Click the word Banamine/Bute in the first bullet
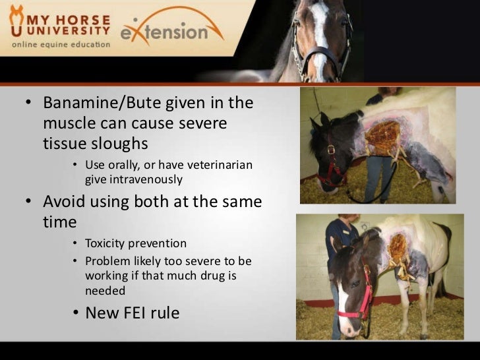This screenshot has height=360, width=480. pyautogui.click(x=98, y=104)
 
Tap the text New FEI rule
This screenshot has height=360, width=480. pyautogui.click(x=132, y=313)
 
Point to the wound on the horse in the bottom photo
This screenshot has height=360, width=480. pyautogui.click(x=399, y=248)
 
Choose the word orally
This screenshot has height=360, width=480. pyautogui.click(x=129, y=165)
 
